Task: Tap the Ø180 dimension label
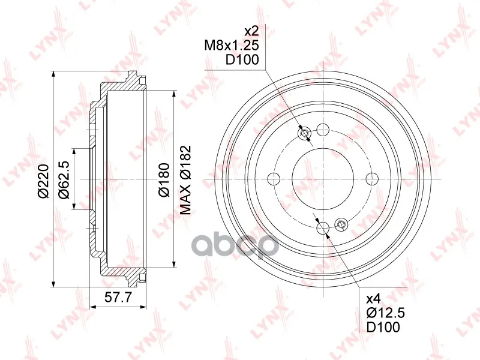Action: coord(164,180)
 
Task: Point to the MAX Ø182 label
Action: coord(185,179)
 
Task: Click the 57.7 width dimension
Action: coord(118,297)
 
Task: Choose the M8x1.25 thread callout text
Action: coord(232,46)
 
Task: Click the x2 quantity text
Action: coord(251,31)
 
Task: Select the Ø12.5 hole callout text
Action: coord(386,313)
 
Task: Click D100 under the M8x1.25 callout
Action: coord(242,60)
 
